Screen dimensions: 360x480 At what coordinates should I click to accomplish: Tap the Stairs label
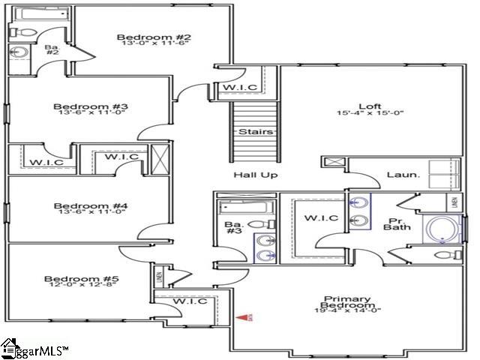[250, 132]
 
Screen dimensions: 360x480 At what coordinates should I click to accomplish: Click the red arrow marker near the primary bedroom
[244, 318]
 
